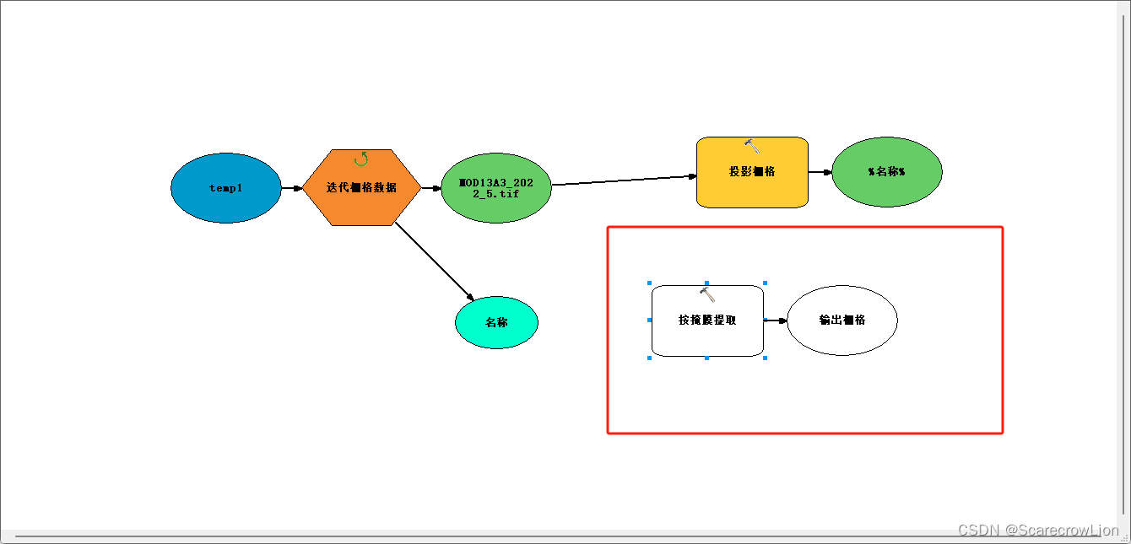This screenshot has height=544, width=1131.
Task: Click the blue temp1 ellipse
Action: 225,188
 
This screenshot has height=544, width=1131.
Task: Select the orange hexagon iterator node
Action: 361,188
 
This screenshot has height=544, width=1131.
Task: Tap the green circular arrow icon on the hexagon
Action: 361,159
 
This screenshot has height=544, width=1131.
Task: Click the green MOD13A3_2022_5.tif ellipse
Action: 495,188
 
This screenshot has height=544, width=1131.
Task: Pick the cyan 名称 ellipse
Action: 496,322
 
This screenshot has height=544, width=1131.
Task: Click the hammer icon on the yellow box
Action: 752,146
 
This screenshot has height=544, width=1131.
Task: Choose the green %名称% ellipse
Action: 886,171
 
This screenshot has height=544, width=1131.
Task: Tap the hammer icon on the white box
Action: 707,294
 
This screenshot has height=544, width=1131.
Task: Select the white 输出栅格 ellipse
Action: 841,320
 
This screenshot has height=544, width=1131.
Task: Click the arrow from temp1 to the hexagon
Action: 291,188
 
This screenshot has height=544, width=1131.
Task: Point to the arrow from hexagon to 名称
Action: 434,261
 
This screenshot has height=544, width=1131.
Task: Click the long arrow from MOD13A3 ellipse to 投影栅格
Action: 625,180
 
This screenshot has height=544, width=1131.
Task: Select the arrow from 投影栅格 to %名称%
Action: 820,172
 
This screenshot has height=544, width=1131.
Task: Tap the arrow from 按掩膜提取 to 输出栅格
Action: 776,320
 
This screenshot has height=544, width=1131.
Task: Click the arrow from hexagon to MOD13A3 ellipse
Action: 430,188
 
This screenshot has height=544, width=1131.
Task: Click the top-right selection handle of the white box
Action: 765,283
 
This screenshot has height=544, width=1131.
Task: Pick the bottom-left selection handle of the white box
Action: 649,358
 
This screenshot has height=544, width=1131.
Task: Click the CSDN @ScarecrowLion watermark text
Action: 1038,531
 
